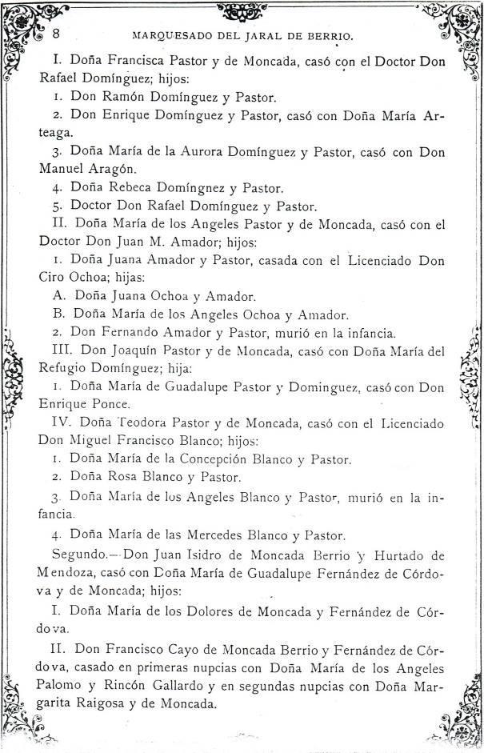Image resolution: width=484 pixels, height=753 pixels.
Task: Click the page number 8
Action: [x=57, y=34]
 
